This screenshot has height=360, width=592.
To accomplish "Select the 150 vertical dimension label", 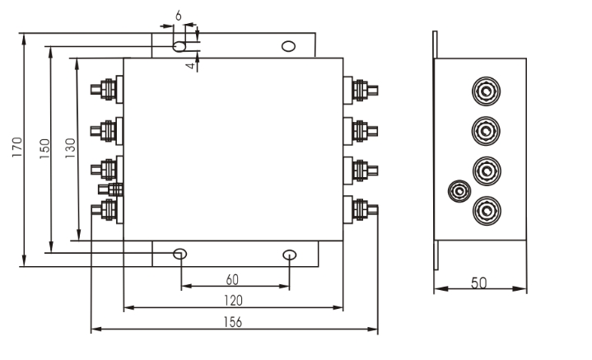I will [x=44, y=147].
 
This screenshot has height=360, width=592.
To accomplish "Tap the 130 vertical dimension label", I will [x=70, y=147].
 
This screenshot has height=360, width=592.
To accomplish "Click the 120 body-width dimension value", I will [x=233, y=301].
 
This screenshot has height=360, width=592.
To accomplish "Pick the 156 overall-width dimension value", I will [x=233, y=322].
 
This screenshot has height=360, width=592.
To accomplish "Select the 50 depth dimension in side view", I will [x=479, y=282].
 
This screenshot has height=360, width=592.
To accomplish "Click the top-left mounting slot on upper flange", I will [x=179, y=45].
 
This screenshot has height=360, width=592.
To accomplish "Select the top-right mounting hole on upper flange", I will [x=288, y=45].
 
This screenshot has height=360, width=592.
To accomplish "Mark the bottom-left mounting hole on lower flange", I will [x=180, y=254].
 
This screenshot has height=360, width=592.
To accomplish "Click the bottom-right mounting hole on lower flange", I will [x=289, y=254].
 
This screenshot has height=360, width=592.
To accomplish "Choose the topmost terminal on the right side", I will [x=361, y=89].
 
